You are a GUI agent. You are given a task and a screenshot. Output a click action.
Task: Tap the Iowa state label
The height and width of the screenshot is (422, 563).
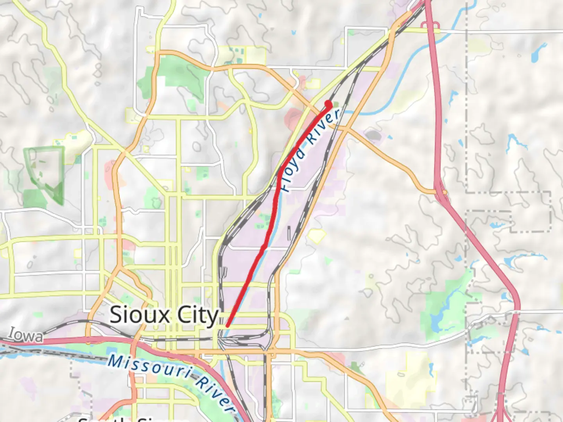[26, 335]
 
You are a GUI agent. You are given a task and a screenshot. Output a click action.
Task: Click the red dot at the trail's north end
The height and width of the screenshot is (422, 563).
[328, 104]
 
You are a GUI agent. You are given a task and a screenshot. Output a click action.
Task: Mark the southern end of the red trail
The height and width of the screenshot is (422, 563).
[227, 325]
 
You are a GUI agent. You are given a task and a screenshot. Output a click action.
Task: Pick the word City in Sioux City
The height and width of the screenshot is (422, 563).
[197, 316]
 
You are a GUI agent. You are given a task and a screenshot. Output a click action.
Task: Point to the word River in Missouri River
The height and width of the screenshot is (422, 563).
[215, 395]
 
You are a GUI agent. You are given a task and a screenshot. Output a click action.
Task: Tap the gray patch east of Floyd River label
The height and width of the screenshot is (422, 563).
[373, 135]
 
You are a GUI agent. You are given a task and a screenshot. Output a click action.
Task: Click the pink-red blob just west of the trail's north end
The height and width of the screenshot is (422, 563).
[294, 116]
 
